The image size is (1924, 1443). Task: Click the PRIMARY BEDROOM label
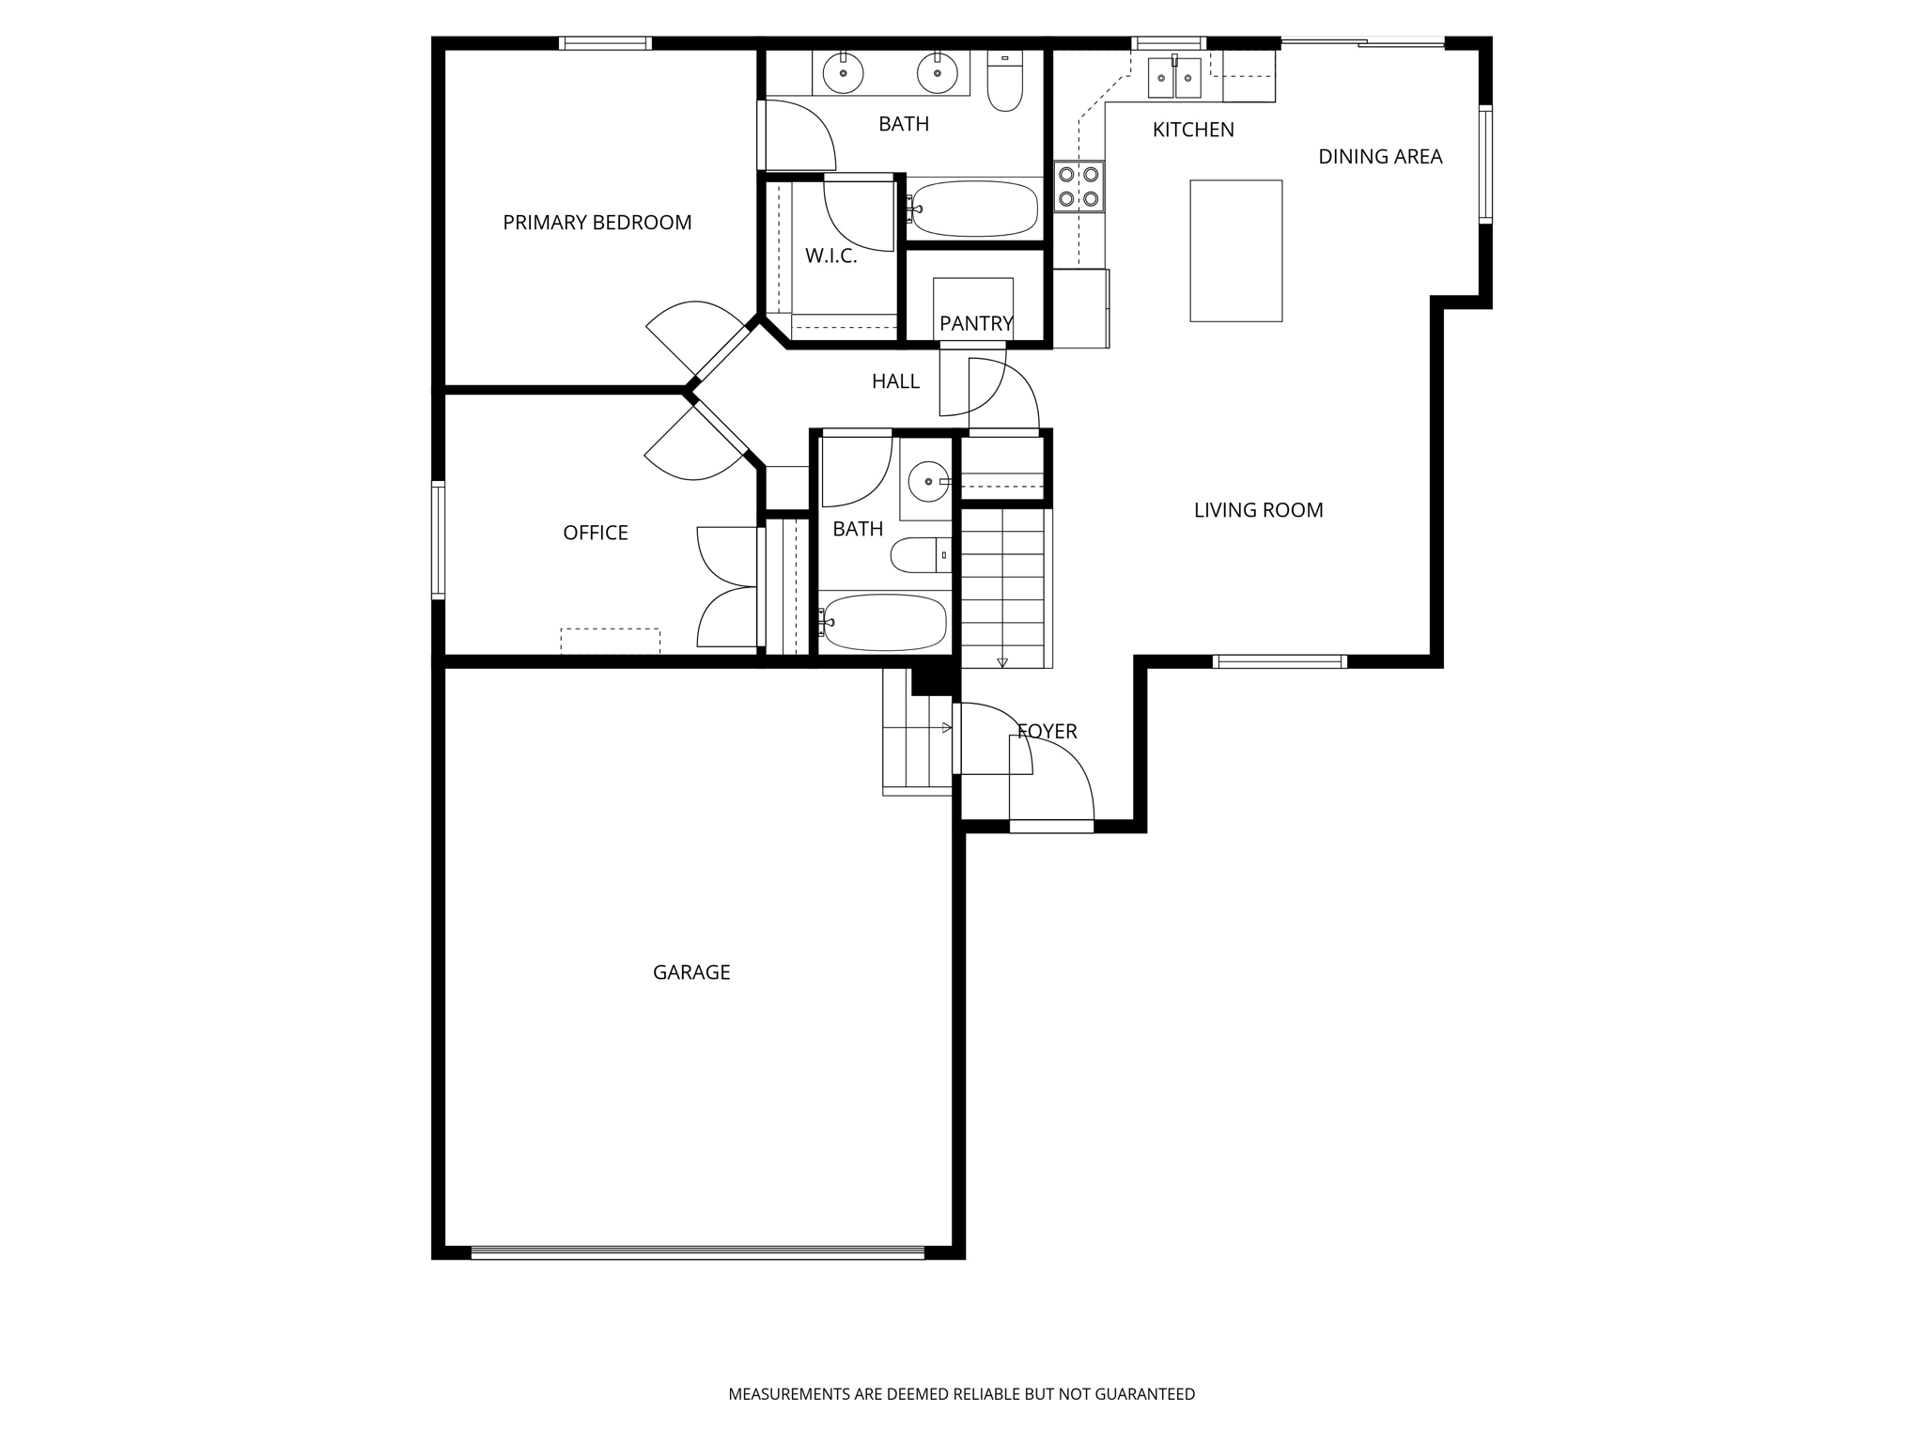597,223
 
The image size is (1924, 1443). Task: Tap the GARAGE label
691,972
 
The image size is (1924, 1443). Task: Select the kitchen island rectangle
1235,251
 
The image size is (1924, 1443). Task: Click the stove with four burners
1078,186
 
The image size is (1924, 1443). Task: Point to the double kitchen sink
1174,77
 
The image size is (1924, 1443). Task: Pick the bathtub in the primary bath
974,209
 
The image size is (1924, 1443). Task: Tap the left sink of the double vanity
844,73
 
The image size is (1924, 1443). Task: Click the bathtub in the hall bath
884,622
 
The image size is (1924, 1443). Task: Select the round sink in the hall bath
928,482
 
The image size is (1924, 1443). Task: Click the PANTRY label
976,323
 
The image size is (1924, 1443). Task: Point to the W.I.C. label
830,256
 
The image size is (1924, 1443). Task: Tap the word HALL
895,381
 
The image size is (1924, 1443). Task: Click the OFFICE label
595,533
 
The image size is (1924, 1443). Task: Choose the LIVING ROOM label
1258,510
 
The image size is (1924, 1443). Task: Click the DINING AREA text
1379,157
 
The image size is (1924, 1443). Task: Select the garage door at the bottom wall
697,1251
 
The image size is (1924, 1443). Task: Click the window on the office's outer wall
439,539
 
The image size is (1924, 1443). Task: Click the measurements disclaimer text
961,1394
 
